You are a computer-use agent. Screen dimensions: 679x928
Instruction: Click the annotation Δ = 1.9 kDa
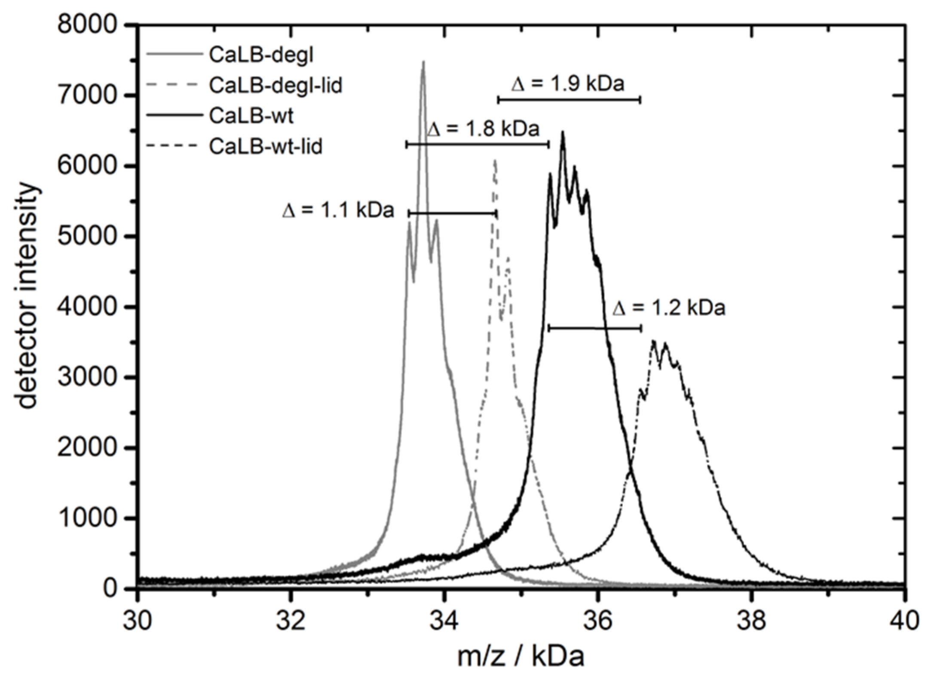pos(567,84)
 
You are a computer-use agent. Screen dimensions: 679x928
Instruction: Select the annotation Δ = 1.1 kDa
pos(338,211)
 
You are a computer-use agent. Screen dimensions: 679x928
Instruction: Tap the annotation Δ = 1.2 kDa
pos(669,308)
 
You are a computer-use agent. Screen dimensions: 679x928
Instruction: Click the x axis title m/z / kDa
pos(521,656)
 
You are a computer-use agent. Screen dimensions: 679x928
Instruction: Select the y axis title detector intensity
pos(27,296)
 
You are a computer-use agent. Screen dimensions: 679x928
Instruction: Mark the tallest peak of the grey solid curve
pos(423,62)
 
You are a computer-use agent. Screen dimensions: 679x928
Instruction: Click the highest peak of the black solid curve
pos(562,132)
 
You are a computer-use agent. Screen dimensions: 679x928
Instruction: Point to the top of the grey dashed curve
pos(495,160)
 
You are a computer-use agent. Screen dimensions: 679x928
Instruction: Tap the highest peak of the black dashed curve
pos(654,341)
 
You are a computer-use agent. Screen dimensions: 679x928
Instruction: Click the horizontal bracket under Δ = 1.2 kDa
pos(594,328)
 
